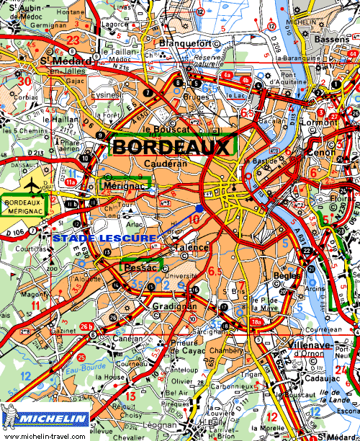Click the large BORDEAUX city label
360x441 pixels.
173,146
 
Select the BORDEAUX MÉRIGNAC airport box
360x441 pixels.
22,205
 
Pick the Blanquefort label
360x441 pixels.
185,43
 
